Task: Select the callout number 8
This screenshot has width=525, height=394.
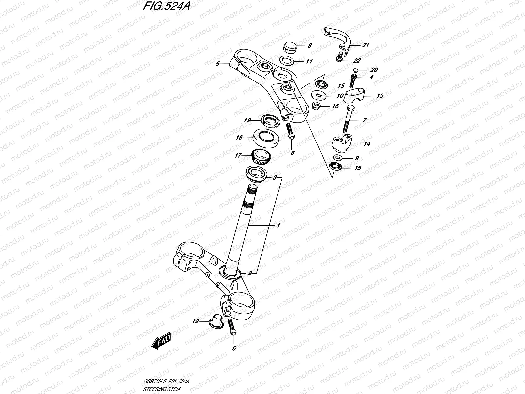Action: [x=309, y=46]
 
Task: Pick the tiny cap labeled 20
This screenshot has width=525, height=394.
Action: [x=356, y=70]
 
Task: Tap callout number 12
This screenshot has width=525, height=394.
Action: [x=196, y=321]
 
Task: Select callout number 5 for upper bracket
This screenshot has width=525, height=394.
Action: [x=217, y=64]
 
